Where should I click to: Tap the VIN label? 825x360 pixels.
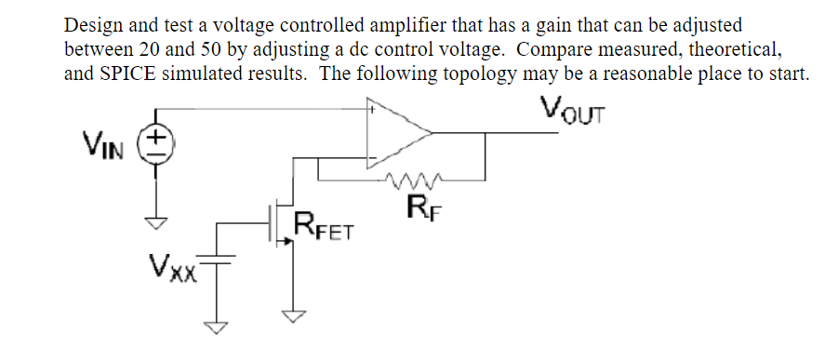[103, 146]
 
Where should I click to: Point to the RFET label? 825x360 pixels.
[325, 226]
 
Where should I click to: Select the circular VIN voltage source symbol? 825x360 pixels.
[154, 146]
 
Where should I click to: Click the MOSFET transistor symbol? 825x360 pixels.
[276, 225]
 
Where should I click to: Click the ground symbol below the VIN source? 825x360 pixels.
[154, 222]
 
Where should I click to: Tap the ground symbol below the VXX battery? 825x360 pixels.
[220, 327]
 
